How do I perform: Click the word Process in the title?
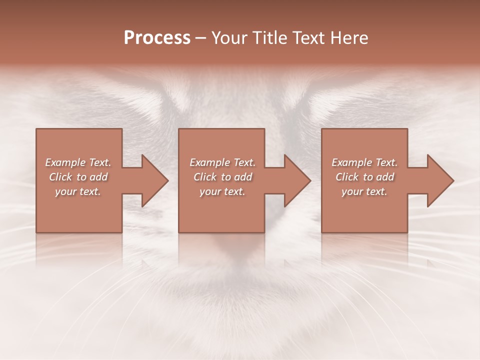(x=157, y=38)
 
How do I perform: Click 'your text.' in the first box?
(x=78, y=191)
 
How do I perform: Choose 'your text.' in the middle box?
(x=222, y=191)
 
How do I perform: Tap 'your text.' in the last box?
(x=364, y=191)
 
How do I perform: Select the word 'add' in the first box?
(x=98, y=177)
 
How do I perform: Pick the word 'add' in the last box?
(x=385, y=177)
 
